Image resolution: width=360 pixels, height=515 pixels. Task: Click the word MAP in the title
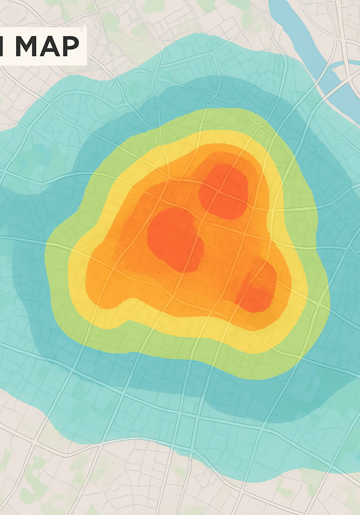(x=47, y=46)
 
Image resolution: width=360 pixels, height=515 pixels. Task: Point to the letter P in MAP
(x=69, y=46)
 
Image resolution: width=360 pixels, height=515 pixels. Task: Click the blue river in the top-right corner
(x=302, y=35)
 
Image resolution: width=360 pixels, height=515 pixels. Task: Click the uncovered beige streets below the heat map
(x=126, y=483)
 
